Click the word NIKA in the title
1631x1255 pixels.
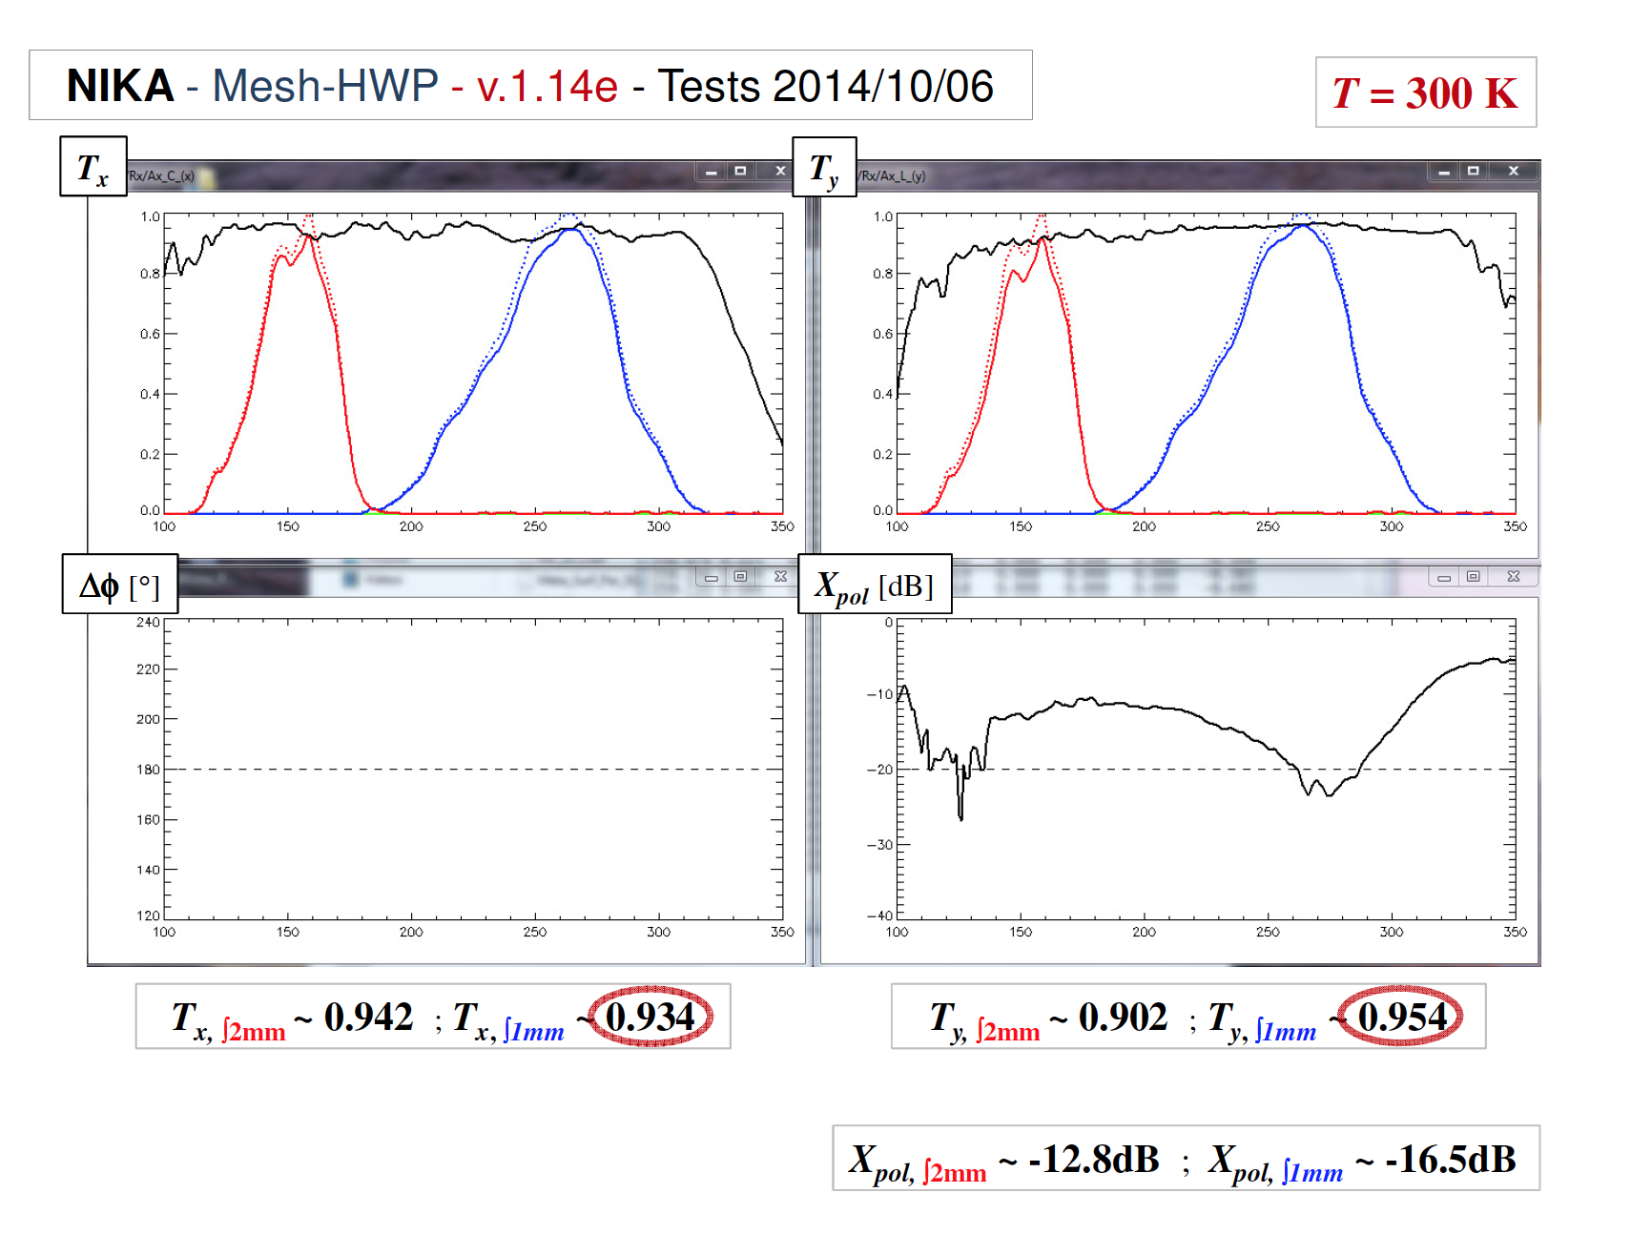[x=120, y=86]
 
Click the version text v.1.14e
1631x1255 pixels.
[x=547, y=86]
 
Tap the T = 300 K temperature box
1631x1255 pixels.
[x=1425, y=93]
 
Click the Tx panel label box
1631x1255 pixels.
[x=93, y=167]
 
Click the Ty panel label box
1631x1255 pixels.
[x=824, y=168]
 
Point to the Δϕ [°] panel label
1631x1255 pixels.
[x=119, y=584]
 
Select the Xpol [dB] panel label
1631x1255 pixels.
[x=874, y=584]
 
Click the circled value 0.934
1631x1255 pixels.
[x=650, y=1017]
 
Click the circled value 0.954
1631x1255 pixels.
[x=1402, y=1017]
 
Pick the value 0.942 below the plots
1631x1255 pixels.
[x=368, y=1017]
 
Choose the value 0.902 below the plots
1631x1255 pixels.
[x=1123, y=1017]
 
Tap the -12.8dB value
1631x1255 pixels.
[x=1093, y=1159]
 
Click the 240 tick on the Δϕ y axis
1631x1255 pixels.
[x=148, y=623]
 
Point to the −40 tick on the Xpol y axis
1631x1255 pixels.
[x=879, y=916]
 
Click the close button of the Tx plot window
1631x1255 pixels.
[x=780, y=171]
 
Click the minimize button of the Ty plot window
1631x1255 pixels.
[x=1444, y=172]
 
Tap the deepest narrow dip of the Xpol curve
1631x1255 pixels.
[x=960, y=818]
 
